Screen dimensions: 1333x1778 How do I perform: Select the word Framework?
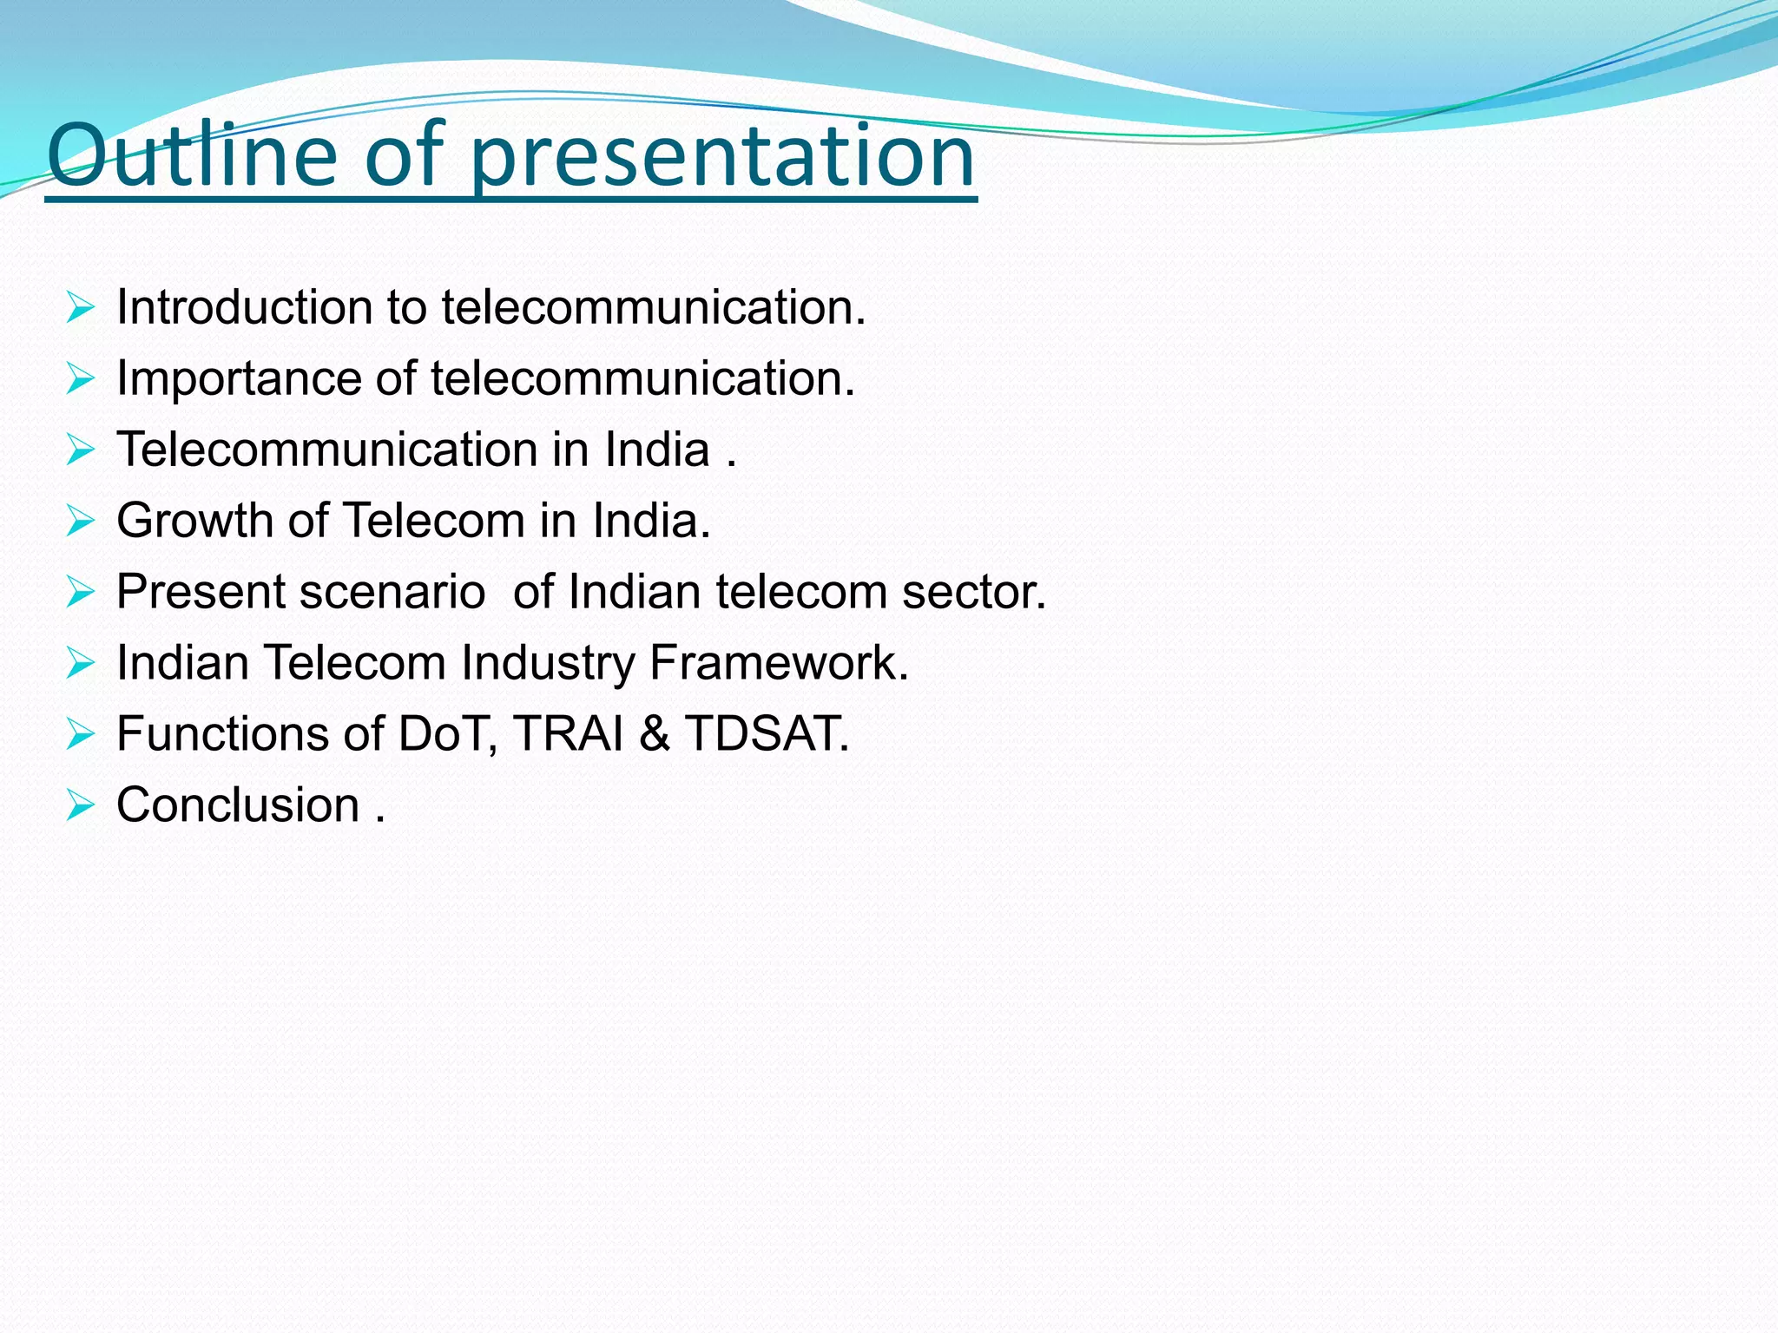tap(779, 663)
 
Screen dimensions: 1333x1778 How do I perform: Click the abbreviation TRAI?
tap(569, 734)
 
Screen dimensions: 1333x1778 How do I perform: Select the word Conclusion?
tap(238, 805)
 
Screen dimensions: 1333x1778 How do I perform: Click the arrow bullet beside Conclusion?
tap(80, 806)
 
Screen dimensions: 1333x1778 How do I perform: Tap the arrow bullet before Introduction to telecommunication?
tap(80, 308)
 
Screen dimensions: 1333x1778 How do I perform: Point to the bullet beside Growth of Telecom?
tap(80, 522)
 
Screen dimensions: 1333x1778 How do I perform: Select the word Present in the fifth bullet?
tap(201, 592)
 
